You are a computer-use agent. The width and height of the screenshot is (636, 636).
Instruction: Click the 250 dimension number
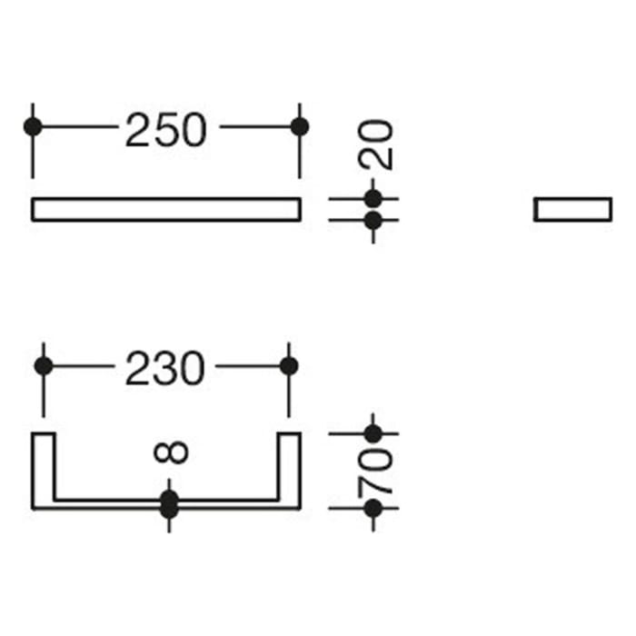(166, 130)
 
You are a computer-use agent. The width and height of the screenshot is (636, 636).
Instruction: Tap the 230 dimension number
(165, 368)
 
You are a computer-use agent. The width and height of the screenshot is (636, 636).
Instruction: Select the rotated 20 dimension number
(375, 144)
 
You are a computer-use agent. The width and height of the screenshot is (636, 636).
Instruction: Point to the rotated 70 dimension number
(375, 471)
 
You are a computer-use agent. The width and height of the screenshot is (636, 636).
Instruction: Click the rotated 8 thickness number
(171, 452)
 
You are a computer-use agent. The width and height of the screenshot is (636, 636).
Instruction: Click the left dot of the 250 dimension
(33, 126)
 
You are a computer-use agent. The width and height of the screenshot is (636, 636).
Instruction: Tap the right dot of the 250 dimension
(300, 126)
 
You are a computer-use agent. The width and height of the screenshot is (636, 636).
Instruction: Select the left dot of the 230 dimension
(44, 366)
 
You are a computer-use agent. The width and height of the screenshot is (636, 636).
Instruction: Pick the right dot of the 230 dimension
(289, 366)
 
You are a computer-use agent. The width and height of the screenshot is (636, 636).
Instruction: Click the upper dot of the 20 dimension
(373, 199)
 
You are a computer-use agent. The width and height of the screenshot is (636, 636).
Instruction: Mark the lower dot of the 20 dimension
(373, 221)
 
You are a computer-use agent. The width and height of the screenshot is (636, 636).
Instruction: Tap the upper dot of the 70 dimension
(373, 434)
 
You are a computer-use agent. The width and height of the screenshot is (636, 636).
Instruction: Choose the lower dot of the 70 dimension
(373, 508)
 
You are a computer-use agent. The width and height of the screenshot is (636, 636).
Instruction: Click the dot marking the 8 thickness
(169, 504)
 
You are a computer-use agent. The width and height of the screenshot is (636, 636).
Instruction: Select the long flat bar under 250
(166, 210)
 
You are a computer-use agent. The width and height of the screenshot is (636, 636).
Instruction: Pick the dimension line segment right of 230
(248, 366)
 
